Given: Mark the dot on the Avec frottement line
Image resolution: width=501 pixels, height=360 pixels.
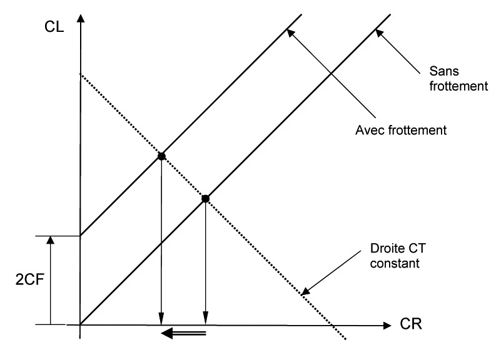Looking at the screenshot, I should click(161, 156).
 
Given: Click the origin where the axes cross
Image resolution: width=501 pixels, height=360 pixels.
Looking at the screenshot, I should click(81, 325).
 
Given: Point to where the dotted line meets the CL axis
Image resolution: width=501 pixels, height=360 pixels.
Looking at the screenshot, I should click(81, 74).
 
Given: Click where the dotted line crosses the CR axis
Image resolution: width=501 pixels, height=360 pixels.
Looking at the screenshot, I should click(335, 325).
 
